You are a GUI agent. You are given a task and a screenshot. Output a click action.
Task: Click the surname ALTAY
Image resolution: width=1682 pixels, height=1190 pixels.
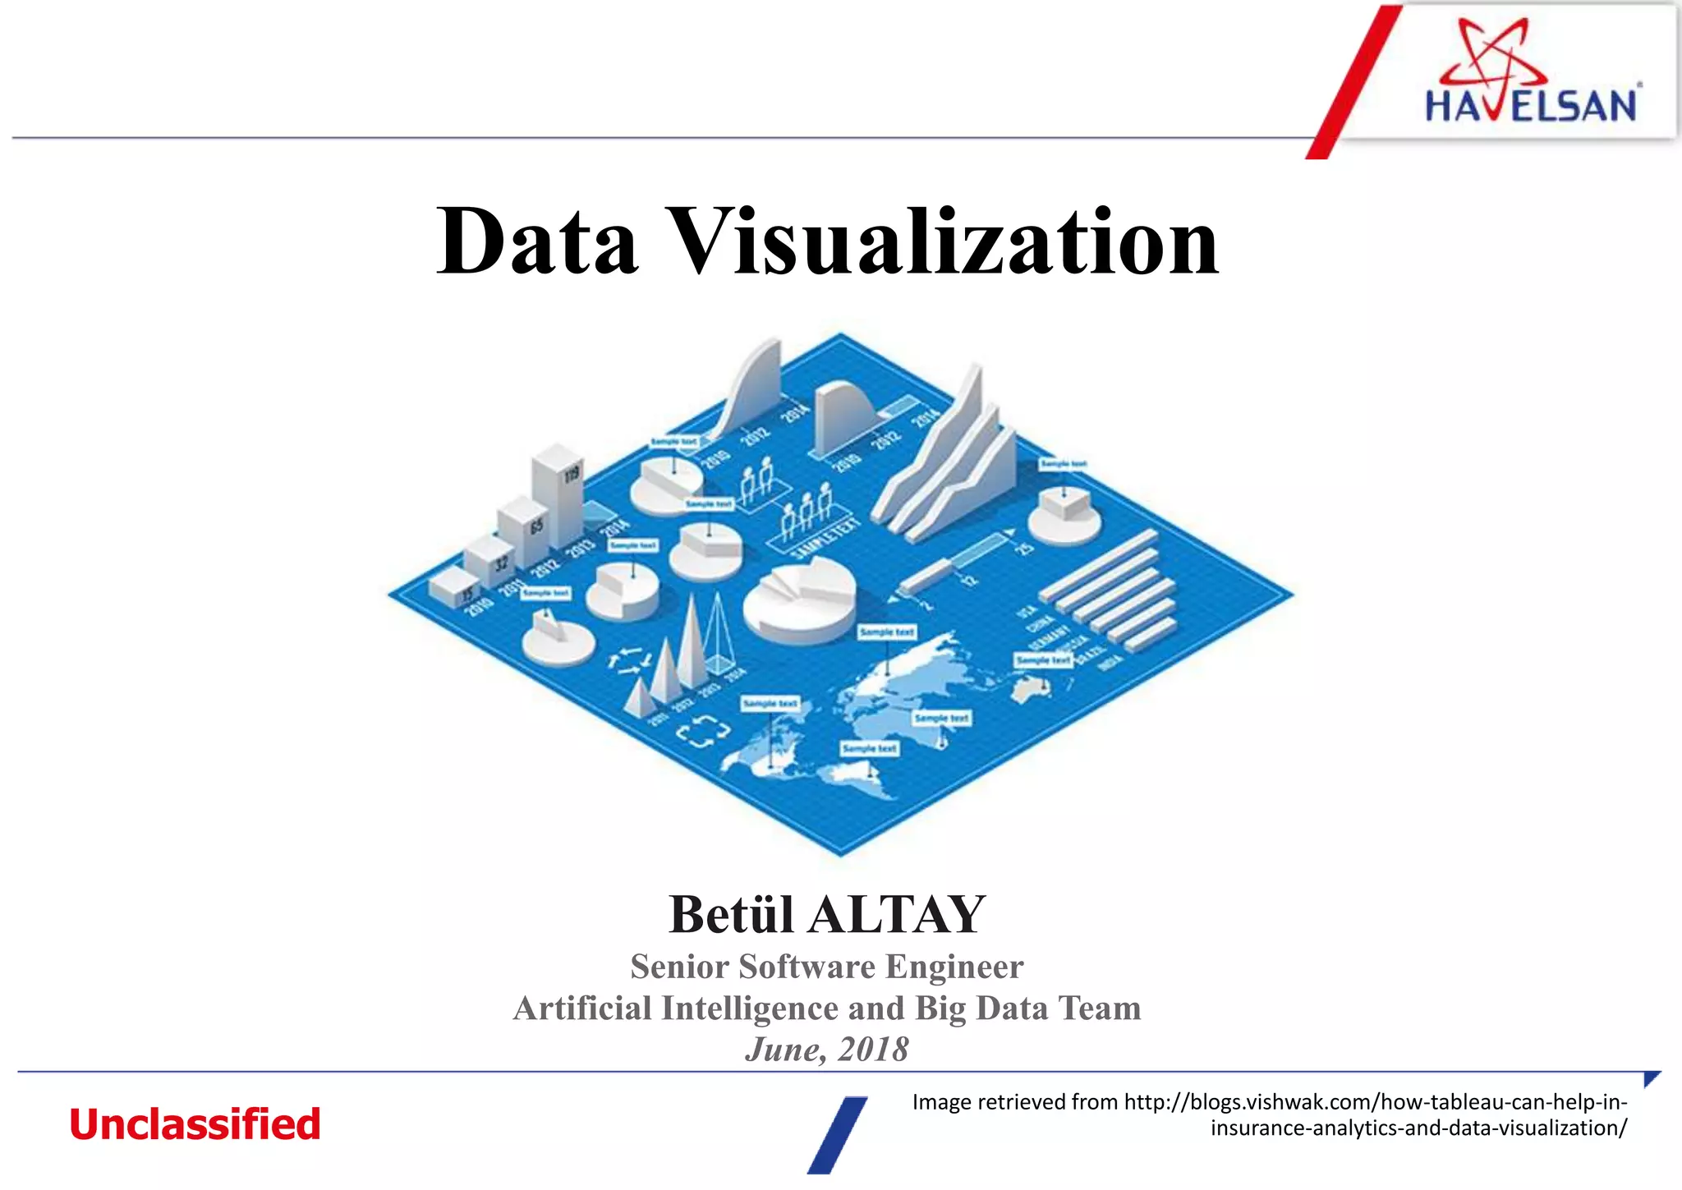[x=897, y=914]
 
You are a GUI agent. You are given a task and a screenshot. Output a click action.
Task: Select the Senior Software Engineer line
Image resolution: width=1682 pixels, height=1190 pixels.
[x=827, y=967]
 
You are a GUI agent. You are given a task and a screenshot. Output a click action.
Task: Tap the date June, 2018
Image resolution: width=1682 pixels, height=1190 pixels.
[x=827, y=1050]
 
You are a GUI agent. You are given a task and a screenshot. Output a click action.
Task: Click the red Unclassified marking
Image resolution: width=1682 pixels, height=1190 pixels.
[x=195, y=1124]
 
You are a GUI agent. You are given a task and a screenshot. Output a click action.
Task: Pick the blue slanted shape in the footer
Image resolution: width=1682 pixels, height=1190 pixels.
[x=837, y=1134]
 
